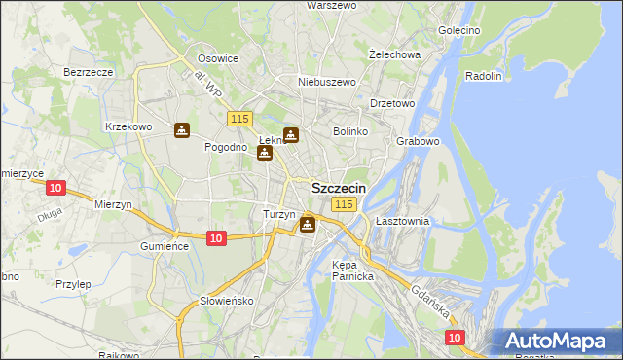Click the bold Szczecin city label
(339, 188)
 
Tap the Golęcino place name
(459, 30)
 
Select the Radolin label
(484, 76)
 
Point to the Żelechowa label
(395, 54)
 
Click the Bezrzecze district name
(89, 72)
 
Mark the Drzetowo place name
(393, 102)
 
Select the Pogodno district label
(225, 147)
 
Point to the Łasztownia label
(402, 221)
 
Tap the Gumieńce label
(165, 246)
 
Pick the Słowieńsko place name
(227, 301)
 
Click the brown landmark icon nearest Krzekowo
(182, 130)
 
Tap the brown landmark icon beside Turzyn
(308, 226)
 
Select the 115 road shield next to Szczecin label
(344, 204)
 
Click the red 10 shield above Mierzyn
(55, 188)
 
